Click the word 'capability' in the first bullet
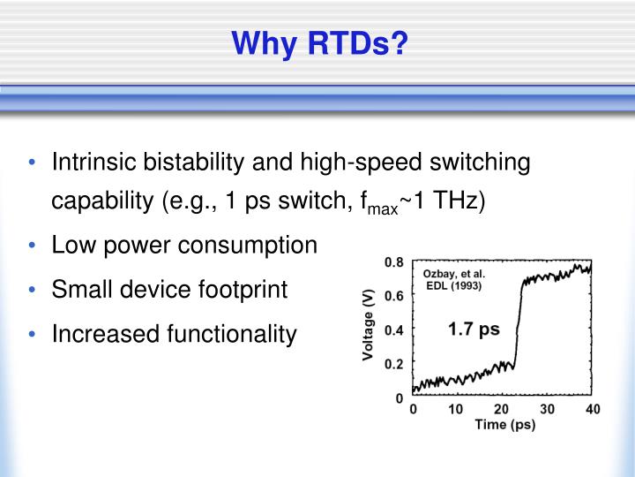pos(104,201)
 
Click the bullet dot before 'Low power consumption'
pos(33,246)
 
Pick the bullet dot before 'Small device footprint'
pos(33,290)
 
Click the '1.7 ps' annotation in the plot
pos(474,329)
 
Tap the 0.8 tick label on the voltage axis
pos(393,262)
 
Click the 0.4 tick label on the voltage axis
pos(393,329)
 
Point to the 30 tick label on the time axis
pos(546,409)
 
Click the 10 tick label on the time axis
pos(456,409)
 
